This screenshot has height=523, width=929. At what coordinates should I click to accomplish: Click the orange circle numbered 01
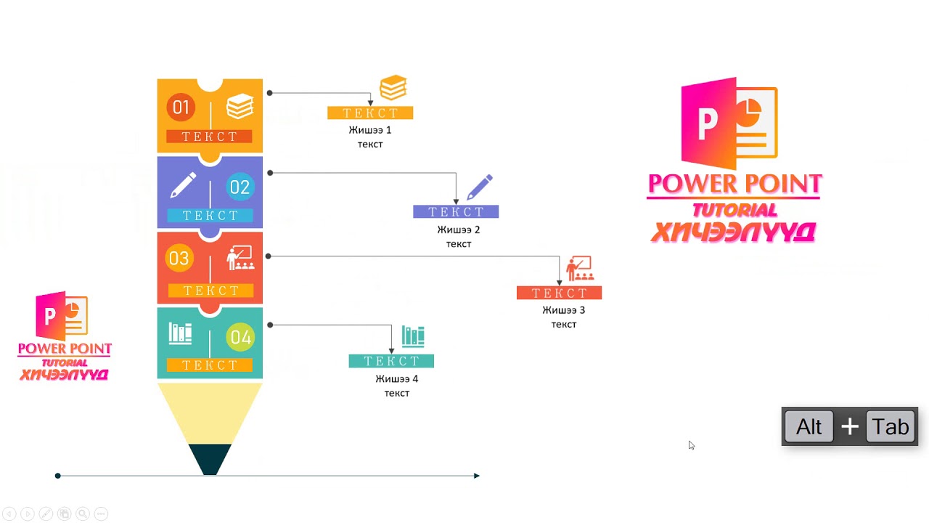coord(180,108)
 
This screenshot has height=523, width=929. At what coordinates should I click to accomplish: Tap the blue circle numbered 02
coord(240,187)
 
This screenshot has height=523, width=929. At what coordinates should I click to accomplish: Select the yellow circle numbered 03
coord(179,259)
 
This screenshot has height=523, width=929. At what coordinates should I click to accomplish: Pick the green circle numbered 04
coord(240,338)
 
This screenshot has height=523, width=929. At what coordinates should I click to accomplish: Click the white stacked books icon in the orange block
coord(240,108)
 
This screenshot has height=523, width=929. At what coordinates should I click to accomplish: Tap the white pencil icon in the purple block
coord(182,185)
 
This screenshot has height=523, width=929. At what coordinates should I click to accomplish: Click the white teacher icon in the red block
coord(240,258)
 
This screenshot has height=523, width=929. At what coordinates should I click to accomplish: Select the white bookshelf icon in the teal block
coord(181,333)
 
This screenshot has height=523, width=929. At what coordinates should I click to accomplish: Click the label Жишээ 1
coord(370,130)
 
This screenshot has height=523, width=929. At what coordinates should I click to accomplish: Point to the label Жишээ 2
coord(459,230)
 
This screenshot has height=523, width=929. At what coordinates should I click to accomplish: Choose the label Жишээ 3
coord(564,310)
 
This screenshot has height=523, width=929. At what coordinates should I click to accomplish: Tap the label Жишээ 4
coord(397,379)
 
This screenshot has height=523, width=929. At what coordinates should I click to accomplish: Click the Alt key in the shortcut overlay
coord(809,427)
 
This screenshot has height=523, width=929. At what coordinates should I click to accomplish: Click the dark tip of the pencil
coord(210,460)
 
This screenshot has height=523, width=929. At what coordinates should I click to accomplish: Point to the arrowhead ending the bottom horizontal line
coord(476,476)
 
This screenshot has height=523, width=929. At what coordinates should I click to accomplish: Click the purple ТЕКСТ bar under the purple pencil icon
coord(456,212)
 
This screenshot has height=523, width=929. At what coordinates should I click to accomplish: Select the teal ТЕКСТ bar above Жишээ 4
coord(391,361)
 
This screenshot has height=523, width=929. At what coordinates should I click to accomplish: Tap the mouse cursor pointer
coord(691,445)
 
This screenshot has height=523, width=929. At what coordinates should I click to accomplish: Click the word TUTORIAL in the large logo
coord(734,211)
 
